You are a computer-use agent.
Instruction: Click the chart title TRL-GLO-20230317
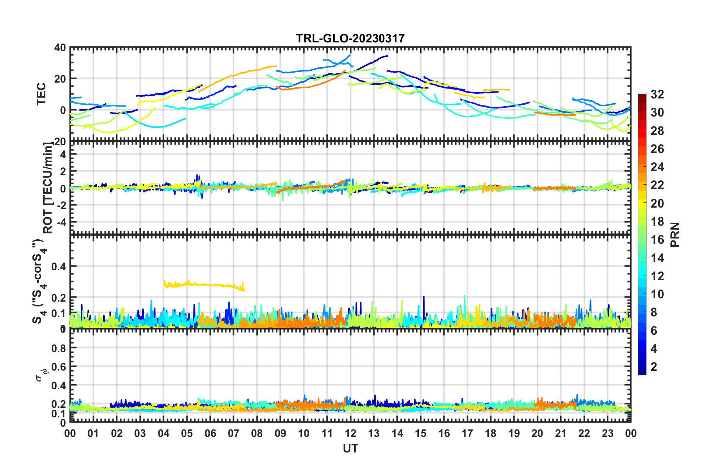pos(350,38)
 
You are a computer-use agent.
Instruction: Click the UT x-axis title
pos(350,448)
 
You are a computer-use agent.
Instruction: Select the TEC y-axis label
pos(41,94)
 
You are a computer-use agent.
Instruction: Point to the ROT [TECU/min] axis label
pos(48,188)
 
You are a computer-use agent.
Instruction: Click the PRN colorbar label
pos(675,234)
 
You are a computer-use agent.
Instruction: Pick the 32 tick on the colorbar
pos(657,94)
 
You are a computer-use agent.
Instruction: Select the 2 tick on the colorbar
pos(654,366)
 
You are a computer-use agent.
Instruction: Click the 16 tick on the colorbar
pos(657,240)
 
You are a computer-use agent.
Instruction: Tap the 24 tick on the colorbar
pos(657,167)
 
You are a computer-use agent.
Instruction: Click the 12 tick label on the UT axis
pos(350,433)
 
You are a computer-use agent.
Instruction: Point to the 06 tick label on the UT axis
pos(210,433)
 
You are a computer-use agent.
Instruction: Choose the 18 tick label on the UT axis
pos(491,433)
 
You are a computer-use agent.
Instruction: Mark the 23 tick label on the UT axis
pos(607,433)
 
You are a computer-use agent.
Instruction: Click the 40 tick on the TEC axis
pos(60,48)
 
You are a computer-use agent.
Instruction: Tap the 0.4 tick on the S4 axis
pos(58,266)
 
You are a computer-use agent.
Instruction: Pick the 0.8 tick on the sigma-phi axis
pos(58,348)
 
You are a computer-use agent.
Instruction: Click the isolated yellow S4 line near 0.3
pos(203,285)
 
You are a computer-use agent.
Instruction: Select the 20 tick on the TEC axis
pos(60,79)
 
